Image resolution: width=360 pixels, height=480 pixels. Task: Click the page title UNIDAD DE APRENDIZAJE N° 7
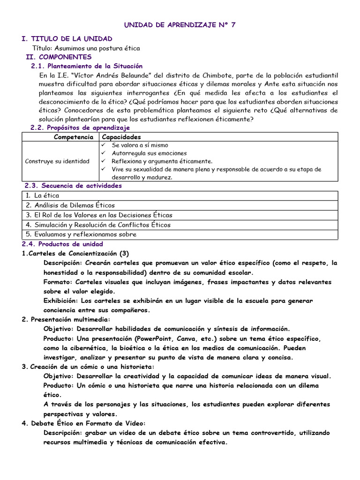point(180,25)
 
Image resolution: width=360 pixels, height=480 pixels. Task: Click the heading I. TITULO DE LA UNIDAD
point(67,38)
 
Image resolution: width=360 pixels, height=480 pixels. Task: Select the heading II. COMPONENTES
point(59,57)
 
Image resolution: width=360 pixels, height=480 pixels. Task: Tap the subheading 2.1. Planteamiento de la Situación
point(87,66)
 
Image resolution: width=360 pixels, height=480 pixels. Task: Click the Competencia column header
point(74,137)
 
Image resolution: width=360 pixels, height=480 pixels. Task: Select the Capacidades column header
point(121,137)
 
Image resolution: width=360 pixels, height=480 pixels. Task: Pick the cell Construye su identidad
point(57,161)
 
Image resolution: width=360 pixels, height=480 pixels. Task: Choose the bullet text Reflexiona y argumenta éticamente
point(162,161)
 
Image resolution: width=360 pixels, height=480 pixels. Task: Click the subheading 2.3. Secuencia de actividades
point(76,186)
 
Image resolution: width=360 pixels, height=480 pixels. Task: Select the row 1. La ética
point(43,195)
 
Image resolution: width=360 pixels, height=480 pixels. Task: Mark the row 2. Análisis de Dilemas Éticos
point(70,205)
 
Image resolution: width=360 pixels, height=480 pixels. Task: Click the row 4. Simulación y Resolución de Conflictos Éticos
point(98,225)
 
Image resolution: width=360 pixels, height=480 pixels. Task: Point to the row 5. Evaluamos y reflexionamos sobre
point(81,234)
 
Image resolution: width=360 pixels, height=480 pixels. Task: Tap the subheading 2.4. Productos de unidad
point(62,244)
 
